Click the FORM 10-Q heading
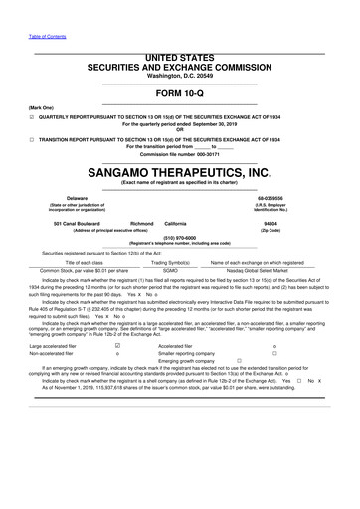click(179, 92)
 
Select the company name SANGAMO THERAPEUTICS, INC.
click(179, 171)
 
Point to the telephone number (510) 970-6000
click(179, 238)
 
